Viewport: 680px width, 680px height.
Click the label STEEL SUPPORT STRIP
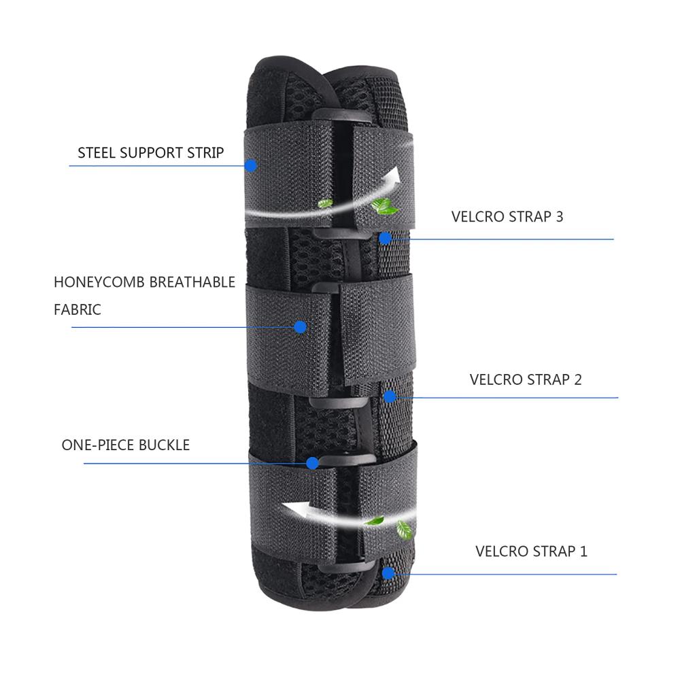150,152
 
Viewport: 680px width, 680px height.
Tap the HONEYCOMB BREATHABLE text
144,282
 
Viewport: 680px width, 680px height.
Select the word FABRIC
78,309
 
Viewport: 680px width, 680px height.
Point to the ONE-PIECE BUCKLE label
126,445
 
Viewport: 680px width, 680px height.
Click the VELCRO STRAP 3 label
507,216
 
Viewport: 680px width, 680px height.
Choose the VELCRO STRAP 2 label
526,379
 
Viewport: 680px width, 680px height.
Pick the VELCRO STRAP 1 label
531,551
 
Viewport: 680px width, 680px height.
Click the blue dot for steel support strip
251,166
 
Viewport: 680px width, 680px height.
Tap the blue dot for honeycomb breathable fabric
300,327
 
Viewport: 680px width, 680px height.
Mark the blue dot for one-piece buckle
312,463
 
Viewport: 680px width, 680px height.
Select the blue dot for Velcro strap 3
385,238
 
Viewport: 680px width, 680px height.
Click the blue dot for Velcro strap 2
390,396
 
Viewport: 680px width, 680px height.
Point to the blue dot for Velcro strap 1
388,573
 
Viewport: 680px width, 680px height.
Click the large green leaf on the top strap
384,206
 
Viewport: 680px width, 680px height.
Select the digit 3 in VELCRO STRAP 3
559,216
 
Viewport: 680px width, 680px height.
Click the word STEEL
97,152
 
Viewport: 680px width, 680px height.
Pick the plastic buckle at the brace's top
341,116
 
